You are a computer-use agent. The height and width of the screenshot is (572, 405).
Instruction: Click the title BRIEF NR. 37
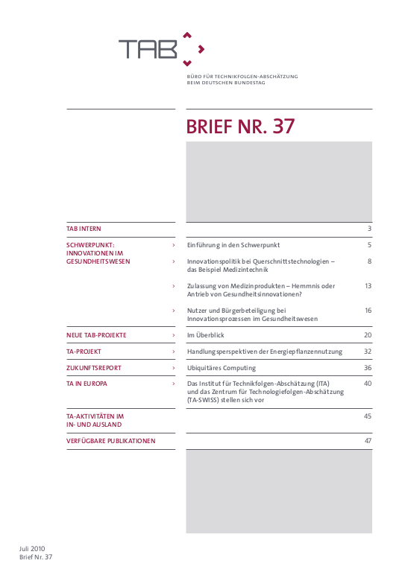[240, 127]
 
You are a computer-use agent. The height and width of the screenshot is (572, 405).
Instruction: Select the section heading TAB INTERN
[84, 229]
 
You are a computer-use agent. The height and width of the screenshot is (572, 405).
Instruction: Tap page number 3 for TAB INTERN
[369, 229]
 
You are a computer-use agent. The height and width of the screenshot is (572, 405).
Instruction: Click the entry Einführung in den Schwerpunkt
[233, 245]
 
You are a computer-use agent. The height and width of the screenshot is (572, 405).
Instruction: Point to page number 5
[369, 245]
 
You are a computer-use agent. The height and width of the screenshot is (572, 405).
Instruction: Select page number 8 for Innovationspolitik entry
[369, 261]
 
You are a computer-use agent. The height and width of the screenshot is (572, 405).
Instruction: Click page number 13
[368, 286]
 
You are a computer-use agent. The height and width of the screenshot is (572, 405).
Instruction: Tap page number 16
[368, 311]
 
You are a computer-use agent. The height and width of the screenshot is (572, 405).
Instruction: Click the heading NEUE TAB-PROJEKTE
[96, 335]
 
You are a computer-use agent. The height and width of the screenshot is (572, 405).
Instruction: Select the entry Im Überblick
[206, 335]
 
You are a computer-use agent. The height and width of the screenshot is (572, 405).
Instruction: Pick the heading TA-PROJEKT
[84, 352]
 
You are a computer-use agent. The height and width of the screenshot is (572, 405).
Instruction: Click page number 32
[367, 352]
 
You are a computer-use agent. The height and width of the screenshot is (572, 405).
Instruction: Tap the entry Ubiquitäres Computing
[222, 368]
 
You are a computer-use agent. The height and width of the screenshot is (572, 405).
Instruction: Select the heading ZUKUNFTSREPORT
[94, 368]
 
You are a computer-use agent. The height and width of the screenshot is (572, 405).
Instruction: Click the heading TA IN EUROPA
[87, 384]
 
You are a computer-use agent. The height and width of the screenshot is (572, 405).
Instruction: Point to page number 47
[368, 441]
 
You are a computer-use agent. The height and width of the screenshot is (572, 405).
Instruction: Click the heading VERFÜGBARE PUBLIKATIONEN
[111, 441]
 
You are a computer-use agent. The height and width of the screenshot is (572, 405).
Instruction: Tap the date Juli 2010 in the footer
[33, 549]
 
